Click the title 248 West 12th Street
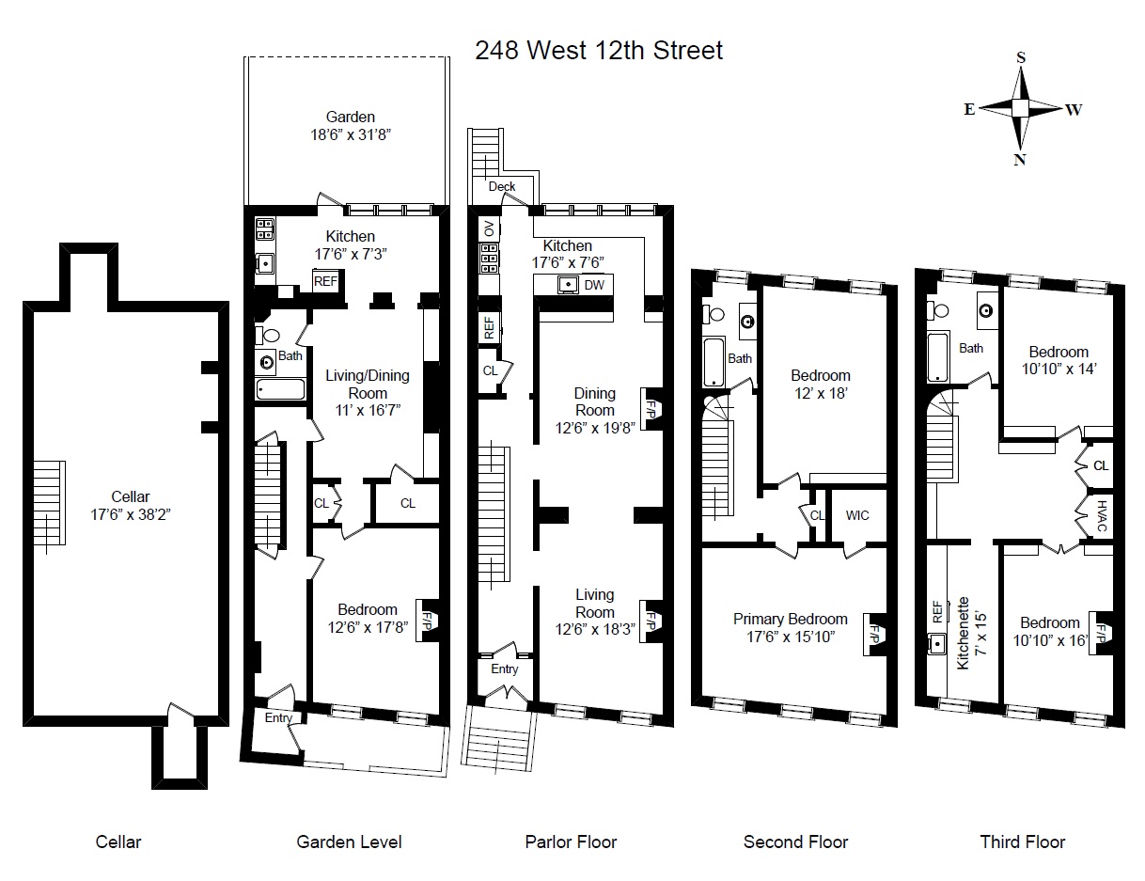coord(599,50)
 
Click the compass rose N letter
coord(1019,160)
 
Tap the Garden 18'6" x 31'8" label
coord(350,126)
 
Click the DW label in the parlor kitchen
coord(594,285)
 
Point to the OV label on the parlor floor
coord(488,228)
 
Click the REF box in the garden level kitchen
coord(325,281)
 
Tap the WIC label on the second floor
coord(856,515)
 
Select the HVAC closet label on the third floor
coord(1102,516)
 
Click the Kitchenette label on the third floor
coord(963,631)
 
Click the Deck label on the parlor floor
coord(501,186)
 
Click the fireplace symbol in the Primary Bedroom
coord(875,632)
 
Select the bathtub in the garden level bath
coord(280,389)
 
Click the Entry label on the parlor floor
coord(504,669)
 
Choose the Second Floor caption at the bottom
coord(795,842)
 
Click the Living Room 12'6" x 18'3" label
coord(594,603)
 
